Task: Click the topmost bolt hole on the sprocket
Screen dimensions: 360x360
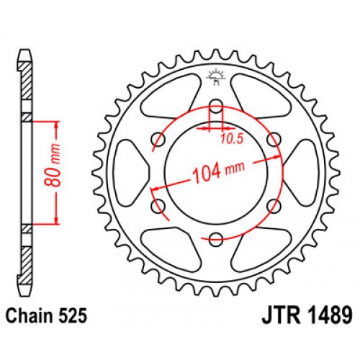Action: tap(215, 104)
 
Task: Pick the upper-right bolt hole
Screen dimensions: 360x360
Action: tap(274, 138)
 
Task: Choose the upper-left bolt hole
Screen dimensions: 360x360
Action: tap(156, 138)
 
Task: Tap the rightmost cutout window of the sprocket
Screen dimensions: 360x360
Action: tap(300, 172)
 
